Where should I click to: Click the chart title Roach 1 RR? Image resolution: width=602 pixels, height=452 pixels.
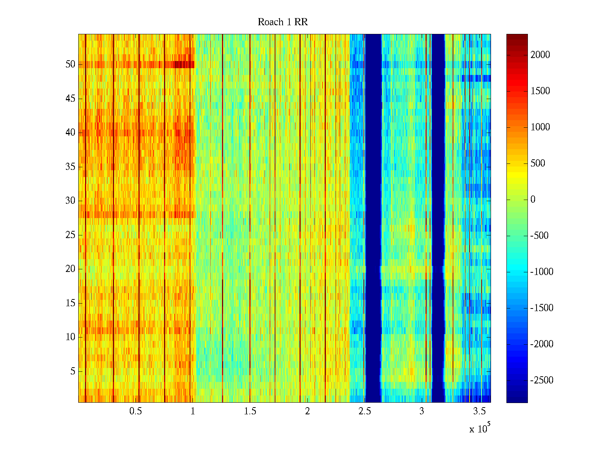tap(283, 22)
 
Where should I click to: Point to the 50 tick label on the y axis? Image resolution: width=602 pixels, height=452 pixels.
tap(70, 64)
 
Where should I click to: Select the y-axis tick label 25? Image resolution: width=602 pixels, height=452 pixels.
tap(70, 235)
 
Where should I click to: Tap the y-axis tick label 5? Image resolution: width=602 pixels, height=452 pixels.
tap(73, 371)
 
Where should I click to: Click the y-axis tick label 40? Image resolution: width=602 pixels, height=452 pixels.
tap(70, 133)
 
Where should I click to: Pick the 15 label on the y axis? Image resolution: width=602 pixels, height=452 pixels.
tap(70, 303)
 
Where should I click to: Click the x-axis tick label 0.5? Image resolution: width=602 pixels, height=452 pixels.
tap(135, 411)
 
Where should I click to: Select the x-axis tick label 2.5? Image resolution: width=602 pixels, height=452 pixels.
tap(365, 411)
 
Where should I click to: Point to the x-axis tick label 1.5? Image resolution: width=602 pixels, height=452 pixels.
tap(250, 411)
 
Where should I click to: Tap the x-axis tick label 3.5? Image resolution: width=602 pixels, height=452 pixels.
tap(479, 411)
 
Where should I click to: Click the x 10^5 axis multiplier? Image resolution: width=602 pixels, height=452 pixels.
tap(479, 429)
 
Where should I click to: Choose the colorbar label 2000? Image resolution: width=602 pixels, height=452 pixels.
tap(540, 55)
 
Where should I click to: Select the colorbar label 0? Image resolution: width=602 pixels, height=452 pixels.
tap(533, 200)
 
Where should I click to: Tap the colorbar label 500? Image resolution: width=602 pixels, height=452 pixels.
tap(538, 163)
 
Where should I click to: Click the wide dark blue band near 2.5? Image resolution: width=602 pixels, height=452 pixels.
tap(373, 218)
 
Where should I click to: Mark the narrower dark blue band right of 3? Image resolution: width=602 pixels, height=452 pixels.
tap(438, 218)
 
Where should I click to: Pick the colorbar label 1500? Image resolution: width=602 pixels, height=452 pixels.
tap(540, 91)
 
